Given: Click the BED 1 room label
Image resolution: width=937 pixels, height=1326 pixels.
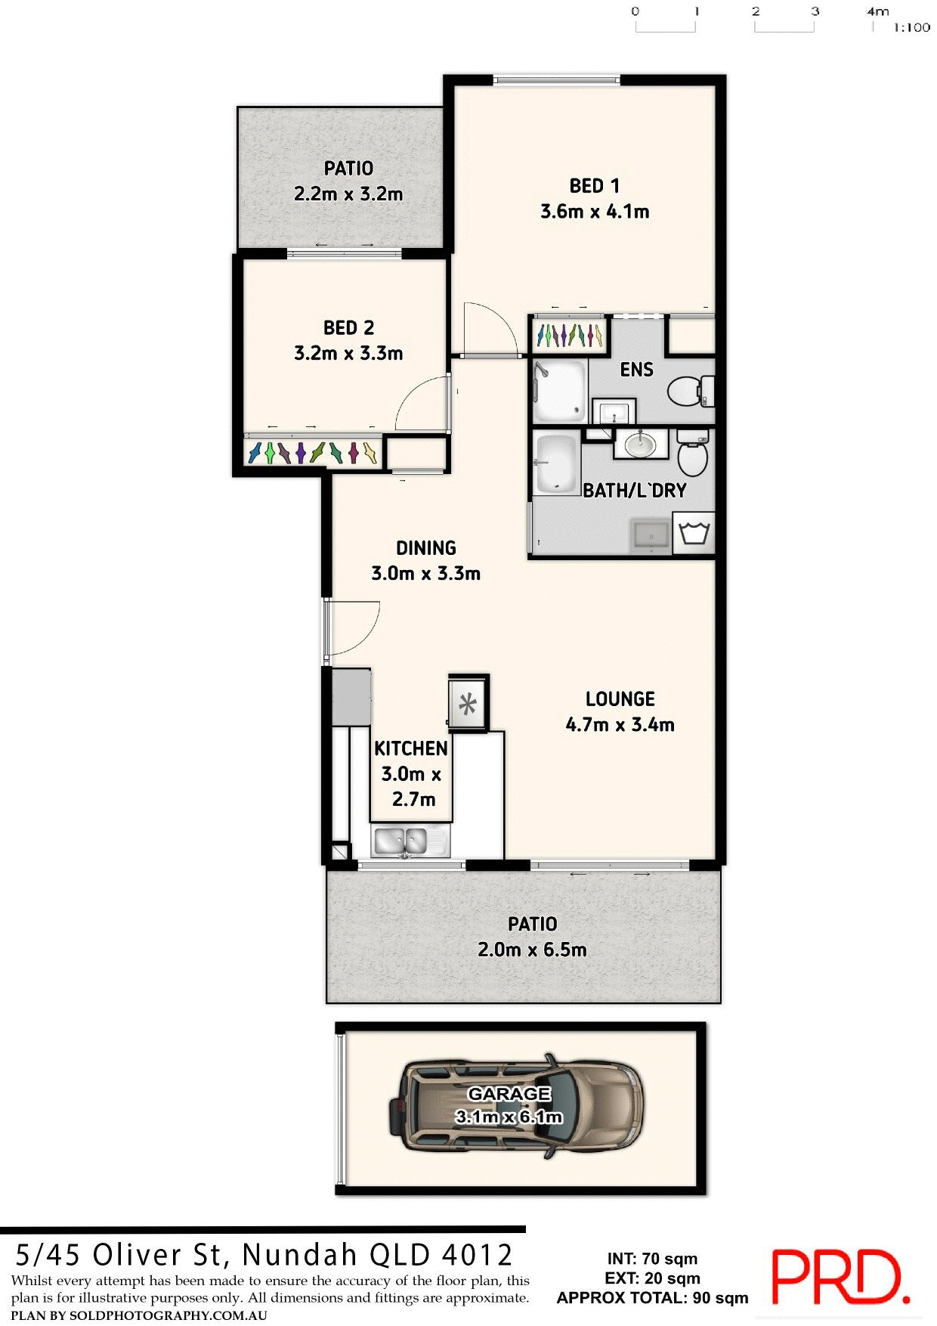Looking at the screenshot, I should pyautogui.click(x=594, y=186).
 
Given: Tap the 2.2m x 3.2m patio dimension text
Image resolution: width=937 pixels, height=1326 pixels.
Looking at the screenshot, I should pyautogui.click(x=348, y=194).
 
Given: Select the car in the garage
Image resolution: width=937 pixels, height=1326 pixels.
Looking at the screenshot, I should pyautogui.click(x=517, y=1105).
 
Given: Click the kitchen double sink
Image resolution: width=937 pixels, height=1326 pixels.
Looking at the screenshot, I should pyautogui.click(x=400, y=841).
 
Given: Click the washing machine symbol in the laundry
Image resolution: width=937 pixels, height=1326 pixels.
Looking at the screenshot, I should pyautogui.click(x=694, y=534).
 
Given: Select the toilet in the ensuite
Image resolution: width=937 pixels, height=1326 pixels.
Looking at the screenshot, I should pyautogui.click(x=689, y=390).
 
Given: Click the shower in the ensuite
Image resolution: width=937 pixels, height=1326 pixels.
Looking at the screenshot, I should pyautogui.click(x=560, y=390).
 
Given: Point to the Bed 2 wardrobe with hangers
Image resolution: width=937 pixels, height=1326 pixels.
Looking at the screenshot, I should pyautogui.click(x=312, y=453).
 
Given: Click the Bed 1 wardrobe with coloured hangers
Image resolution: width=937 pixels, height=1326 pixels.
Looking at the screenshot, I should pyautogui.click(x=569, y=334).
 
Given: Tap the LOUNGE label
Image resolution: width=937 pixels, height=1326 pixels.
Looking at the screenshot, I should pyautogui.click(x=620, y=699).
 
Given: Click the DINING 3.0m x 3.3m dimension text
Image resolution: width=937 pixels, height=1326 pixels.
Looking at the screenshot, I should pyautogui.click(x=425, y=574).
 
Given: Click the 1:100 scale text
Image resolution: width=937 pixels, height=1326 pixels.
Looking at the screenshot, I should pyautogui.click(x=911, y=28).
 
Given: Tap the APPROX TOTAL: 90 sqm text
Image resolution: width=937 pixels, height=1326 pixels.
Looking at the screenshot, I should pyautogui.click(x=652, y=1298).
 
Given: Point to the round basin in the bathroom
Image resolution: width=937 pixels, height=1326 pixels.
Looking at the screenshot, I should pyautogui.click(x=640, y=444).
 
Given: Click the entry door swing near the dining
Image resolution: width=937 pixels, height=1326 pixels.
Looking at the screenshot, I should pyautogui.click(x=351, y=627).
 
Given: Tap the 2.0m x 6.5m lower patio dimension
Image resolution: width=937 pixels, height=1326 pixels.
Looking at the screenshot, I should pyautogui.click(x=532, y=950).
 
